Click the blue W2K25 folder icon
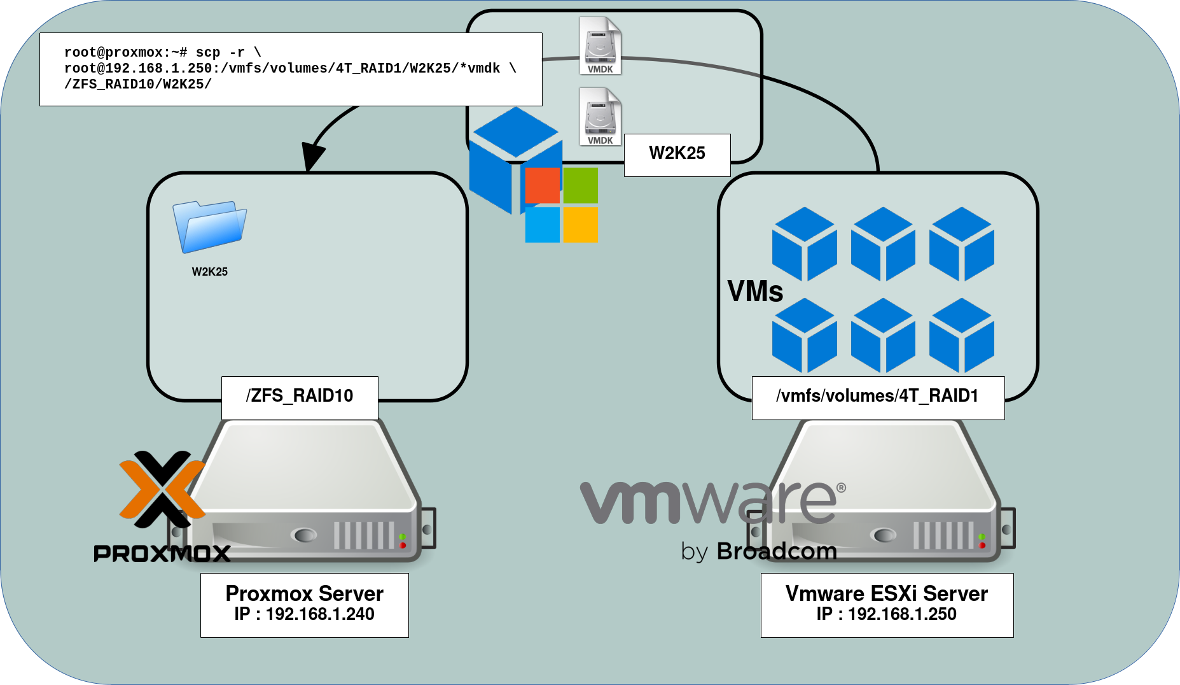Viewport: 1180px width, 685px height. pyautogui.click(x=209, y=226)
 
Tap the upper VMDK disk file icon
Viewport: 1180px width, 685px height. pyautogui.click(x=600, y=46)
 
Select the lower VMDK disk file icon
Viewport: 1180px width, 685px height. pyautogui.click(x=600, y=117)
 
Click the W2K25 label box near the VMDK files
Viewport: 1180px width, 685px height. pyautogui.click(x=677, y=154)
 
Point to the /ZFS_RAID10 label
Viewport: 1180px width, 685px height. pyautogui.click(x=300, y=397)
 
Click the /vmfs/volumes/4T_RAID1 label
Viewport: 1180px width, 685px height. pyautogui.click(x=877, y=397)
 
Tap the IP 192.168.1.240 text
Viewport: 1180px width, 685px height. pyautogui.click(x=305, y=614)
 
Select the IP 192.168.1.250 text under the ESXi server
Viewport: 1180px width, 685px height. pyautogui.click(x=887, y=614)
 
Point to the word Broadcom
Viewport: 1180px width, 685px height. pyautogui.click(x=777, y=551)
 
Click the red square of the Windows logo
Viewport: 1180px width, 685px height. pyautogui.click(x=542, y=185)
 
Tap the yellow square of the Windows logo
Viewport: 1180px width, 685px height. pyautogui.click(x=580, y=224)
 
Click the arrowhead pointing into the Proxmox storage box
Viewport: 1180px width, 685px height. pyautogui.click(x=311, y=156)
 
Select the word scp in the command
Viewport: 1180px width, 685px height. pyautogui.click(x=208, y=53)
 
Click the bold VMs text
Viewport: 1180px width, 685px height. pyautogui.click(x=755, y=292)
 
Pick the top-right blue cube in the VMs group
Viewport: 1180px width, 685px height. pyautogui.click(x=961, y=244)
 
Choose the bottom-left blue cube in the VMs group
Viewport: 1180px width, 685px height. pyautogui.click(x=804, y=335)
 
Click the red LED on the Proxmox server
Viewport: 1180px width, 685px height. pyautogui.click(x=403, y=546)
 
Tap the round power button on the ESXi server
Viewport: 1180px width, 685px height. pyautogui.click(x=884, y=535)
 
